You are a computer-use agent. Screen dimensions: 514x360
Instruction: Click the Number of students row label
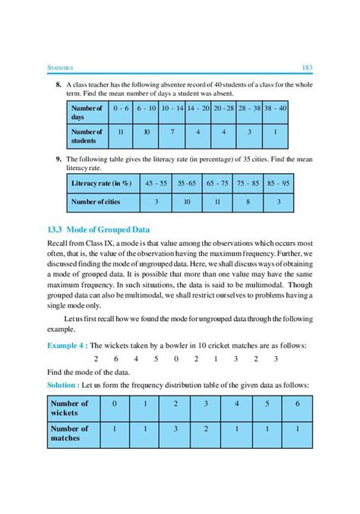tap(87, 136)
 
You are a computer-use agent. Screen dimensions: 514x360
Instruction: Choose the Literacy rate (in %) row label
tap(99, 184)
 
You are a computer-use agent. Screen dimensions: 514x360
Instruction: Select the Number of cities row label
tap(95, 202)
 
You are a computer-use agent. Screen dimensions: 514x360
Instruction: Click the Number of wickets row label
tap(70, 408)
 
